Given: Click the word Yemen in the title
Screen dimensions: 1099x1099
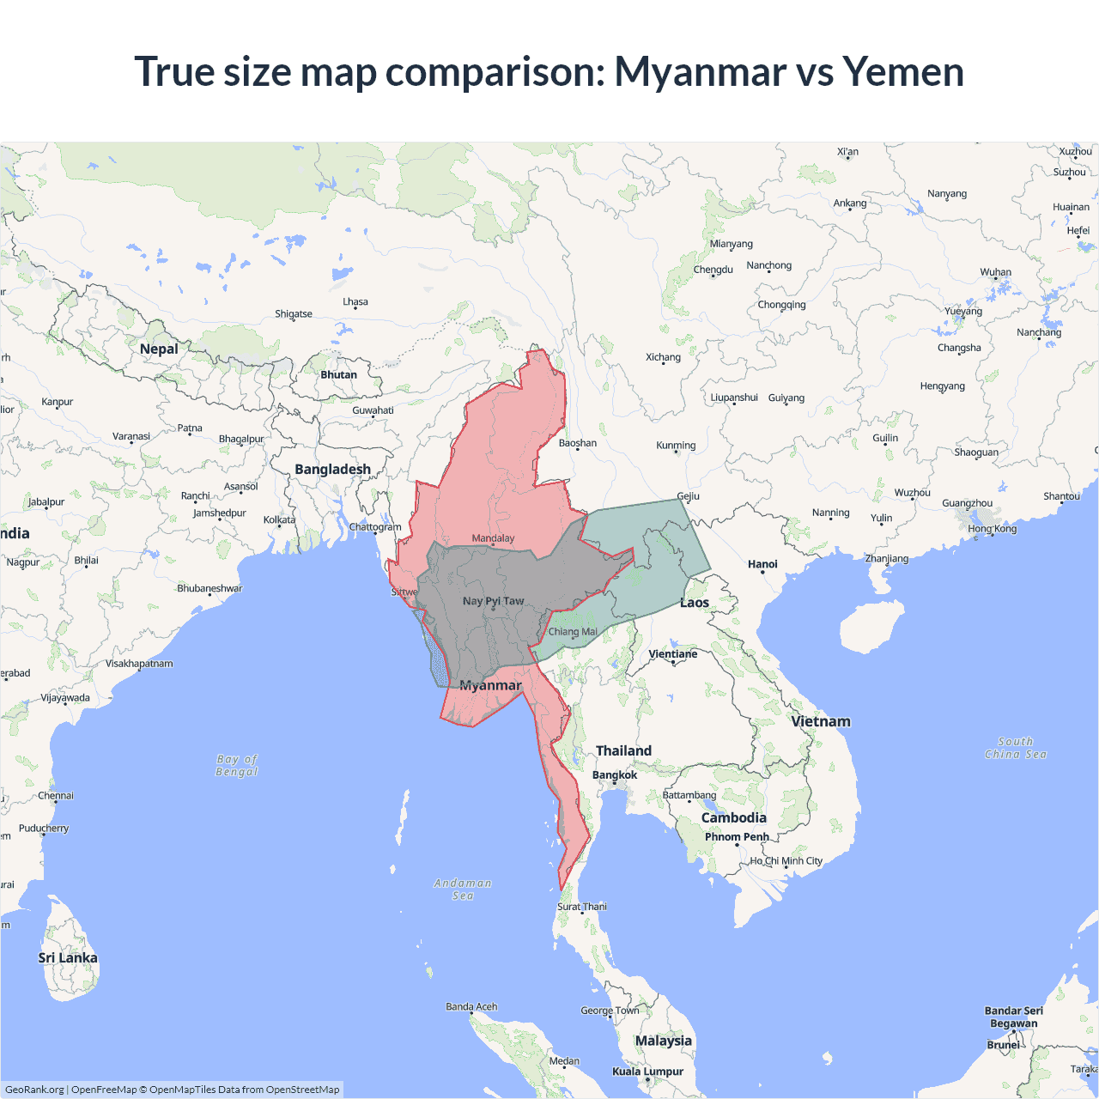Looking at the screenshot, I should click(903, 72).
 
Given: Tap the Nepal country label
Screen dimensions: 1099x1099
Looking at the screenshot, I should click(159, 349).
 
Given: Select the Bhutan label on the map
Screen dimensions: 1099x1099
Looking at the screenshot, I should click(338, 375).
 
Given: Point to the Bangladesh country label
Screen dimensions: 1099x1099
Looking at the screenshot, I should click(332, 469).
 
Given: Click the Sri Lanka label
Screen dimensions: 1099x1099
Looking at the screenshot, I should click(68, 958).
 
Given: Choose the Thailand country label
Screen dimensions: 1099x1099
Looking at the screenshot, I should click(623, 750).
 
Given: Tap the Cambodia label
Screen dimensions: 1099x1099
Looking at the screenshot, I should click(733, 817).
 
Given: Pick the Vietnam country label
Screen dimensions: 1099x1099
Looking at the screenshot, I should click(821, 721).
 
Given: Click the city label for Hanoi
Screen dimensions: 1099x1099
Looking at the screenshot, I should click(762, 564).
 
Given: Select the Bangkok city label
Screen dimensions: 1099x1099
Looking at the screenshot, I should click(615, 775).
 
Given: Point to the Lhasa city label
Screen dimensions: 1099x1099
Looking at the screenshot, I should click(355, 302).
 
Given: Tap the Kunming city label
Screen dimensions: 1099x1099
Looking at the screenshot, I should click(676, 446).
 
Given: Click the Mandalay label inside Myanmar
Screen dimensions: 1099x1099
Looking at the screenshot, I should click(493, 538).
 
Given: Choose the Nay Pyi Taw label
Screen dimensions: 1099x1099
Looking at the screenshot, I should click(493, 601).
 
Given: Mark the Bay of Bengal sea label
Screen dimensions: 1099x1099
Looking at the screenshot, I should click(237, 765).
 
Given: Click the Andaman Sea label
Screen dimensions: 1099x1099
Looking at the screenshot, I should click(463, 889).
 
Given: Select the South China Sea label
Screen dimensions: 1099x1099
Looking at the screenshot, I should click(1016, 748).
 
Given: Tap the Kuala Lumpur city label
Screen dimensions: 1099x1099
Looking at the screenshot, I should click(647, 1072).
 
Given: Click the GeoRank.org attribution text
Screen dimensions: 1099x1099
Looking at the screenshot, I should click(34, 1090).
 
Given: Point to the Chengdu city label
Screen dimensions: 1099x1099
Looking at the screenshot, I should click(713, 270).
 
